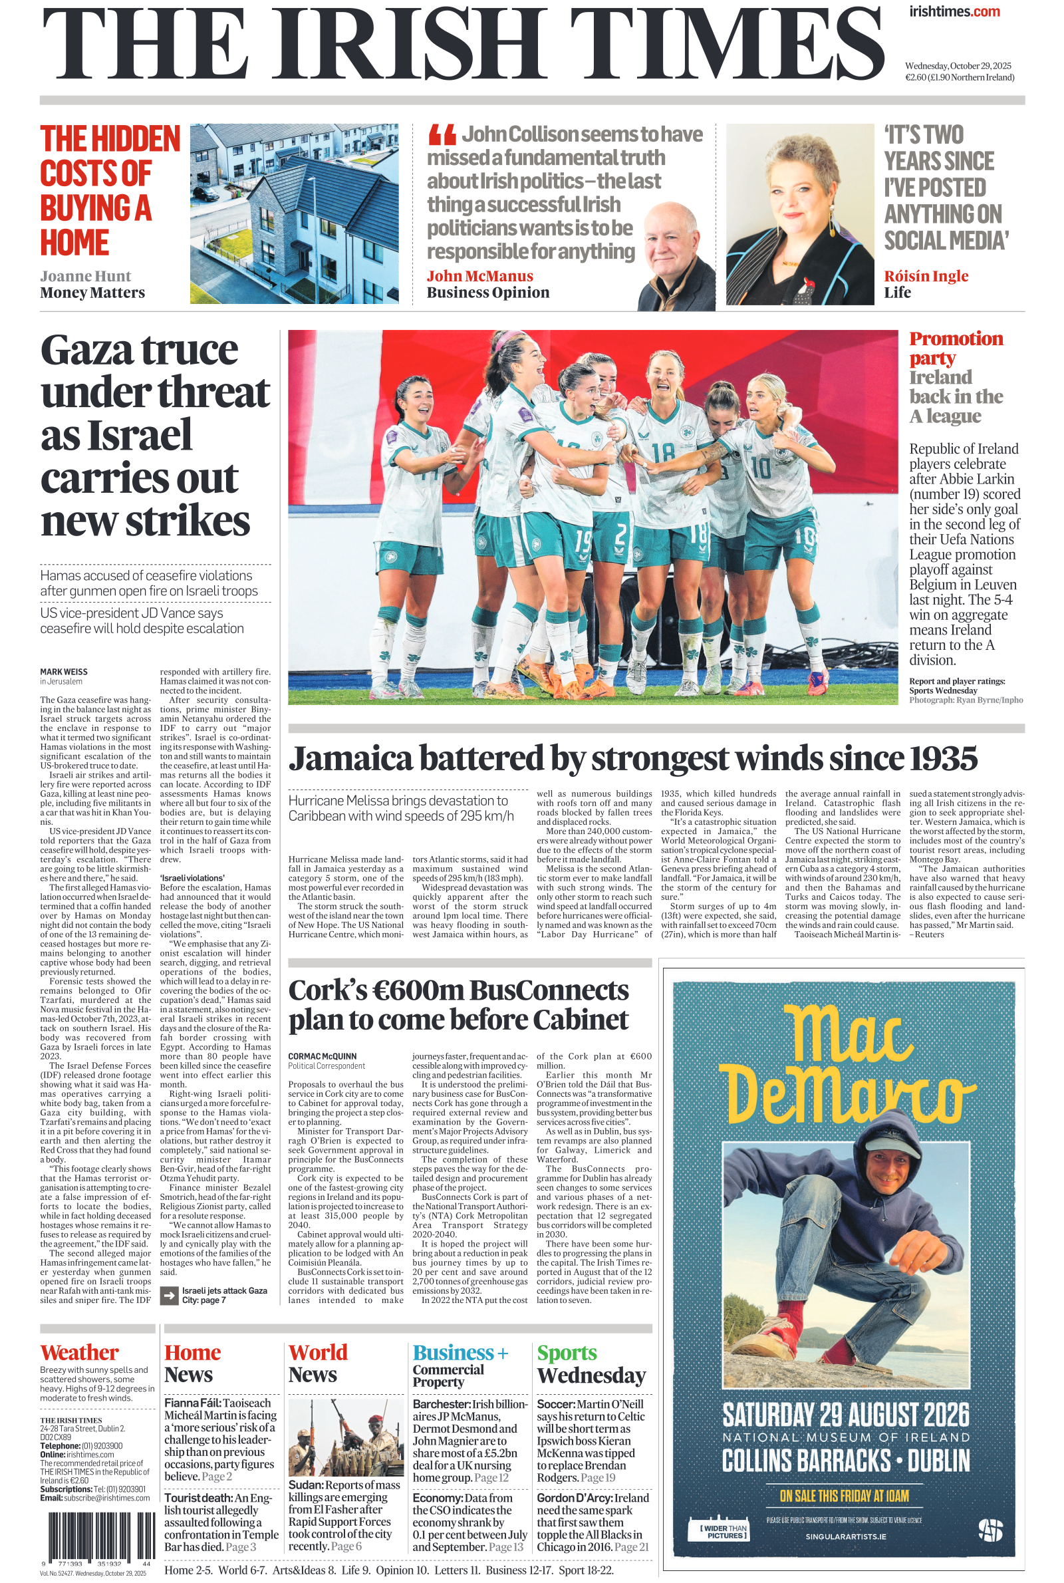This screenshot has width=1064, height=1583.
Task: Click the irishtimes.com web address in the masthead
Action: click(x=954, y=11)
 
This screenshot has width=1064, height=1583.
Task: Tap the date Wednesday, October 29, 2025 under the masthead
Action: click(x=958, y=66)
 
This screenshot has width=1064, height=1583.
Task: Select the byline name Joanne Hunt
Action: click(x=85, y=276)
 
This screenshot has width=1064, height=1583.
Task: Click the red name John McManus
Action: click(x=479, y=276)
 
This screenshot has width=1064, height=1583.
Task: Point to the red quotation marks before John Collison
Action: click(x=442, y=134)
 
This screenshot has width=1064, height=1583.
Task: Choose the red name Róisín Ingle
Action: click(x=926, y=276)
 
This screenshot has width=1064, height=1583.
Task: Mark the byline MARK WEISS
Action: click(x=64, y=672)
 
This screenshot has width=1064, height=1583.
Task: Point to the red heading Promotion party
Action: click(x=956, y=348)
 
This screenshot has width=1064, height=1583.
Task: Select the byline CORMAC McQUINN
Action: click(x=323, y=1056)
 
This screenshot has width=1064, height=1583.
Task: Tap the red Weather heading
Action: click(x=79, y=1353)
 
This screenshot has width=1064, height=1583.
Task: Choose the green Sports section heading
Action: click(x=567, y=1353)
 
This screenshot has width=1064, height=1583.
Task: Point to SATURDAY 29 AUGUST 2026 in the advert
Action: click(x=845, y=1415)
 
